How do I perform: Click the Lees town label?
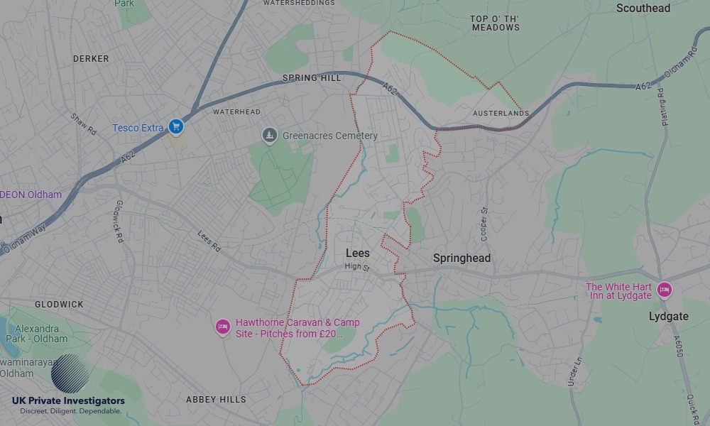357,253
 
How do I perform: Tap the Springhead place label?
461,258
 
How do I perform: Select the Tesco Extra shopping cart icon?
176,127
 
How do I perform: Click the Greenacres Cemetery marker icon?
269,135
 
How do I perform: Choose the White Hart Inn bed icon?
664,290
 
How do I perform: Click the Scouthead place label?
643,9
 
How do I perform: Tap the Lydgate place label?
668,317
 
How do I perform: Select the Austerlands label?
501,114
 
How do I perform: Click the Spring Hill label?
312,78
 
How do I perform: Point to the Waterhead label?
236,112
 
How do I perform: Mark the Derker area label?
91,59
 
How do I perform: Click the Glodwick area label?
59,305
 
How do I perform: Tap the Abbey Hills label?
216,400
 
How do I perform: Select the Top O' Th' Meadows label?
495,23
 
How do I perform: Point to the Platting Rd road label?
660,104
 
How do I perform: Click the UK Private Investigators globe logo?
70,373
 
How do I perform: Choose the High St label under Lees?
356,266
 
